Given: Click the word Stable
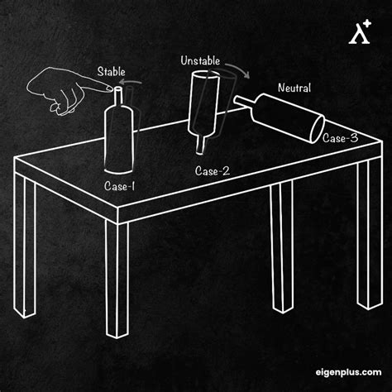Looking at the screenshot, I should pyautogui.click(x=111, y=72).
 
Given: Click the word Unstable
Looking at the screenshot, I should pyautogui.click(x=198, y=61).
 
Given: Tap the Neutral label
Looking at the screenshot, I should pyautogui.click(x=294, y=88).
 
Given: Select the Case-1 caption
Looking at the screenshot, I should pyautogui.click(x=119, y=186).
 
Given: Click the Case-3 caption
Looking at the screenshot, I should pyautogui.click(x=340, y=138).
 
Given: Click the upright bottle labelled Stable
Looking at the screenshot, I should pyautogui.click(x=119, y=132).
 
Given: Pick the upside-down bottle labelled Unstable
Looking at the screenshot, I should pyautogui.click(x=203, y=103).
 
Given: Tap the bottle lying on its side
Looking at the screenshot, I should pyautogui.click(x=281, y=116).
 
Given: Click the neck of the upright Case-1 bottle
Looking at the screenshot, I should pyautogui.click(x=118, y=98).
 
